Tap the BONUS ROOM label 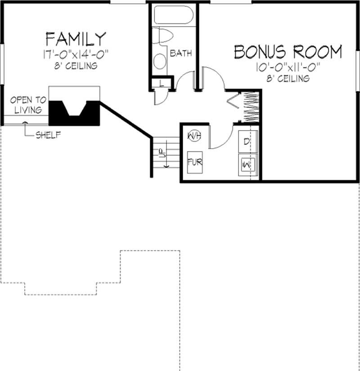(288, 52)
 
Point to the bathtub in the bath (174, 15)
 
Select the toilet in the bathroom (162, 35)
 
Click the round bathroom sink (160, 61)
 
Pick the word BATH (181, 53)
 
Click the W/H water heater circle (194, 136)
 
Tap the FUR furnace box (195, 162)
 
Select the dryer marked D (247, 141)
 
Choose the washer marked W (247, 165)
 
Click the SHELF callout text (48, 135)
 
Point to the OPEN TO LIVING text (28, 105)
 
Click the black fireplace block (74, 113)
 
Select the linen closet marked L (162, 83)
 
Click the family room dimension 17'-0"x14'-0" (76, 54)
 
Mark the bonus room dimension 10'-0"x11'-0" (288, 67)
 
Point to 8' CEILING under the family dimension (76, 66)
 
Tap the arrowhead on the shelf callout (25, 122)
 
